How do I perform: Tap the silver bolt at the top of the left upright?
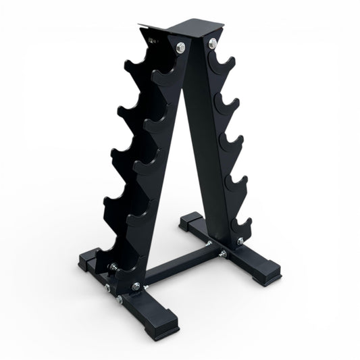pyautogui.click(x=180, y=47)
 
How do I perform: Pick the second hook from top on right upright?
pyautogui.click(x=226, y=103)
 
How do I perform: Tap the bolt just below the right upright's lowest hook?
pyautogui.click(x=238, y=238)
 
